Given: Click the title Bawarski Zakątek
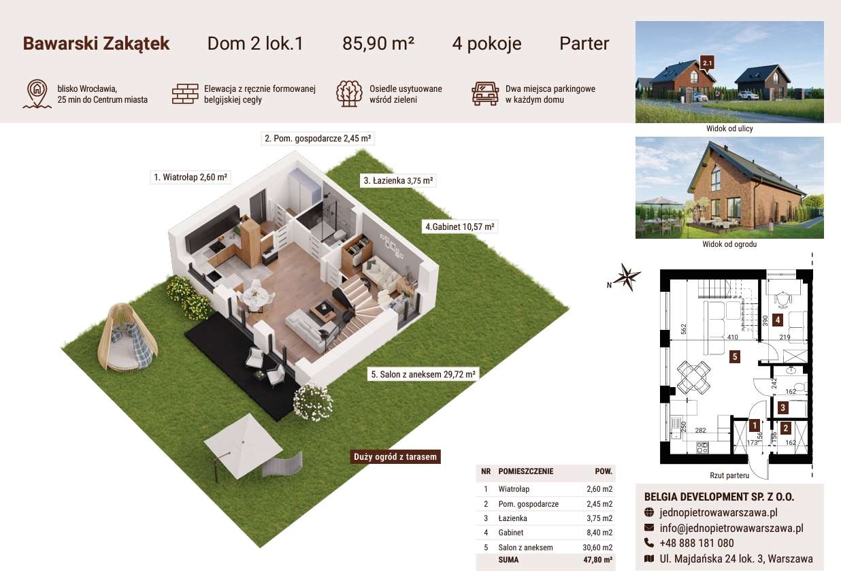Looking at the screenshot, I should (96, 44).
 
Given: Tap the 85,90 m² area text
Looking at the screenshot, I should (378, 44).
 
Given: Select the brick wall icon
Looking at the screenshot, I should (184, 94).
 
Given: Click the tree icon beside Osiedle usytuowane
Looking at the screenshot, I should (349, 93).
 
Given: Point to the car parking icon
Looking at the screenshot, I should (485, 93).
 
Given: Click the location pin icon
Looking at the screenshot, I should (37, 94).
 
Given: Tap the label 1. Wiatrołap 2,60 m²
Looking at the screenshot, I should (190, 178).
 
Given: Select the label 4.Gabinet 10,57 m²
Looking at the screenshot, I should (459, 227).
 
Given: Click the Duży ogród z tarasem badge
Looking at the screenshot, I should (395, 457).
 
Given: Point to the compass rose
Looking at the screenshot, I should (626, 277).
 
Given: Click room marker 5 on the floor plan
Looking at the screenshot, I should (734, 356).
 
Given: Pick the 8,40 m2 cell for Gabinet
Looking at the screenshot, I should (599, 533).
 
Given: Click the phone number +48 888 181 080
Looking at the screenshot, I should (696, 543).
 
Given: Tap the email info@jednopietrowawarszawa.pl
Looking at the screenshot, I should (731, 527).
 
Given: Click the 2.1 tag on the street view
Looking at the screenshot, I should (707, 64).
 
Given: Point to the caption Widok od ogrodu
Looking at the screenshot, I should (729, 244).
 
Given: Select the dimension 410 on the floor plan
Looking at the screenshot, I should (733, 336).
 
